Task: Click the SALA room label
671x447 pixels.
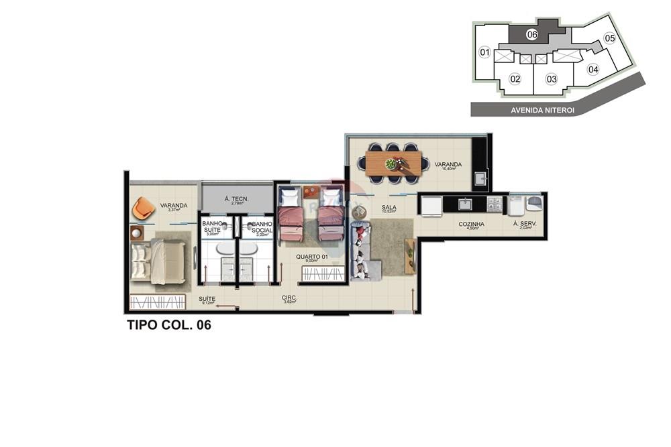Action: tap(388, 208)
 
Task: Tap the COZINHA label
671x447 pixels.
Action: tap(471, 225)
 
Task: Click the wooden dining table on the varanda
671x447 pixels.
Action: tap(394, 163)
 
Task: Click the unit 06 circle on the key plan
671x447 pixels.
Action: tap(531, 34)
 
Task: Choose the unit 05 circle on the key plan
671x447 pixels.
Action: tap(609, 38)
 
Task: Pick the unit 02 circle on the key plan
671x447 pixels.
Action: tap(515, 79)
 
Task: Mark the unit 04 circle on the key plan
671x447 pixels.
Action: tap(592, 69)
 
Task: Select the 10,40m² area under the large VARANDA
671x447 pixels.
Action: tap(448, 170)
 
